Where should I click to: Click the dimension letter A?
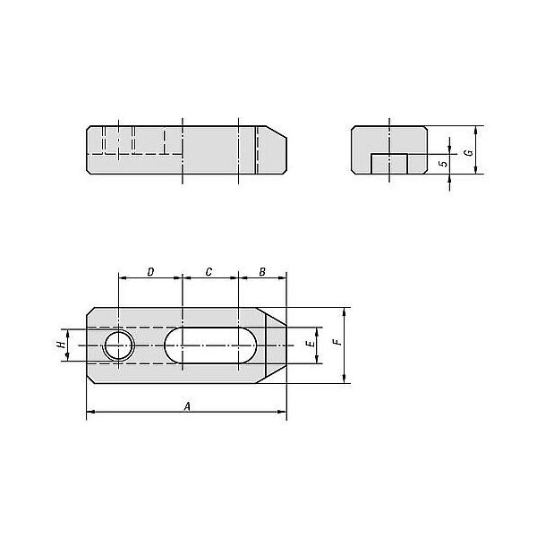pyautogui.click(x=187, y=406)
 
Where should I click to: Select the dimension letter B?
pyautogui.click(x=262, y=272)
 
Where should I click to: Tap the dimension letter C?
pyautogui.click(x=209, y=272)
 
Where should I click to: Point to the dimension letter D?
pyautogui.click(x=150, y=272)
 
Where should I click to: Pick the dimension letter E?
pyautogui.click(x=311, y=343)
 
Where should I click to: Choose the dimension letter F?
pyautogui.click(x=338, y=342)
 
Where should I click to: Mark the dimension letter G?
pyautogui.click(x=470, y=152)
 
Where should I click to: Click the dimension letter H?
pyautogui.click(x=61, y=344)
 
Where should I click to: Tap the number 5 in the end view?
pyautogui.click(x=444, y=164)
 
